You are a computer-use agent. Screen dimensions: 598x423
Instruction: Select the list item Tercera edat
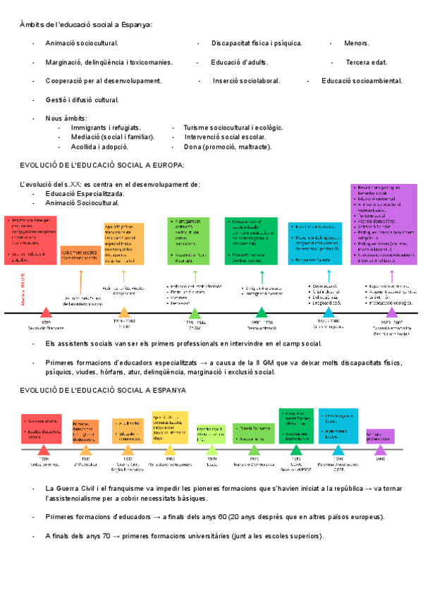click(x=367, y=62)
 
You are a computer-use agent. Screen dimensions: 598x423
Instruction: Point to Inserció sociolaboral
click(x=246, y=81)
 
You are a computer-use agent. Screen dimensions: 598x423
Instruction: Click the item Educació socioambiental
click(x=362, y=81)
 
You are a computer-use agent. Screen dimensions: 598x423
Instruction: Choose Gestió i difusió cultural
click(x=82, y=100)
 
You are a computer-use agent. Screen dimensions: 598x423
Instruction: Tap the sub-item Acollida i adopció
click(x=99, y=147)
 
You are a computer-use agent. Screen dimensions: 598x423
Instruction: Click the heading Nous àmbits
click(x=66, y=118)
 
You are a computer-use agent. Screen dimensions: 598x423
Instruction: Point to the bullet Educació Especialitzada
click(x=85, y=193)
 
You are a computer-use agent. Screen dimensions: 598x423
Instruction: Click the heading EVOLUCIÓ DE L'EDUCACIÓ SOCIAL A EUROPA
click(x=102, y=165)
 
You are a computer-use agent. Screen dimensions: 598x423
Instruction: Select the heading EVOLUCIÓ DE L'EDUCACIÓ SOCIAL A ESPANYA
click(x=103, y=389)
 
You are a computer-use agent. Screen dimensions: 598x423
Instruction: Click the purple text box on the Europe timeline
click(x=384, y=224)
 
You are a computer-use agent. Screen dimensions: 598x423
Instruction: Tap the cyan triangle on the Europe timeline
click(x=328, y=312)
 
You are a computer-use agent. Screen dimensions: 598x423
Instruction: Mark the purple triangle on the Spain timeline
click(x=381, y=449)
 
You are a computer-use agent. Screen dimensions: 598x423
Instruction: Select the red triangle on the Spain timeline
click(x=44, y=450)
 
